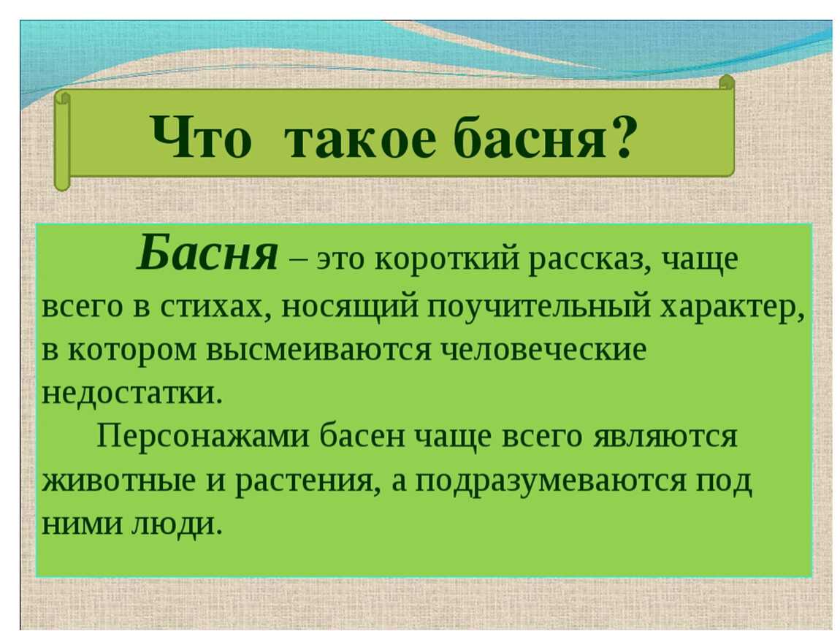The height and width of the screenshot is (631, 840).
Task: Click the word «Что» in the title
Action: click(x=202, y=137)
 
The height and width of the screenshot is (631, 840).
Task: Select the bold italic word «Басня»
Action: click(x=207, y=253)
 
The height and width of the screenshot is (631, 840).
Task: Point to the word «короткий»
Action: click(x=447, y=259)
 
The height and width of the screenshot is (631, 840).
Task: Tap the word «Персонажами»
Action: click(x=203, y=437)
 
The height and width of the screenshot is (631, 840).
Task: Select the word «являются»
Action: click(x=665, y=437)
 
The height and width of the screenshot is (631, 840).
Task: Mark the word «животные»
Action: click(x=118, y=481)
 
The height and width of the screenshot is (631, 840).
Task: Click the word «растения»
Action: click(x=305, y=482)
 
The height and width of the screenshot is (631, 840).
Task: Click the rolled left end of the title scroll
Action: click(x=62, y=141)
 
